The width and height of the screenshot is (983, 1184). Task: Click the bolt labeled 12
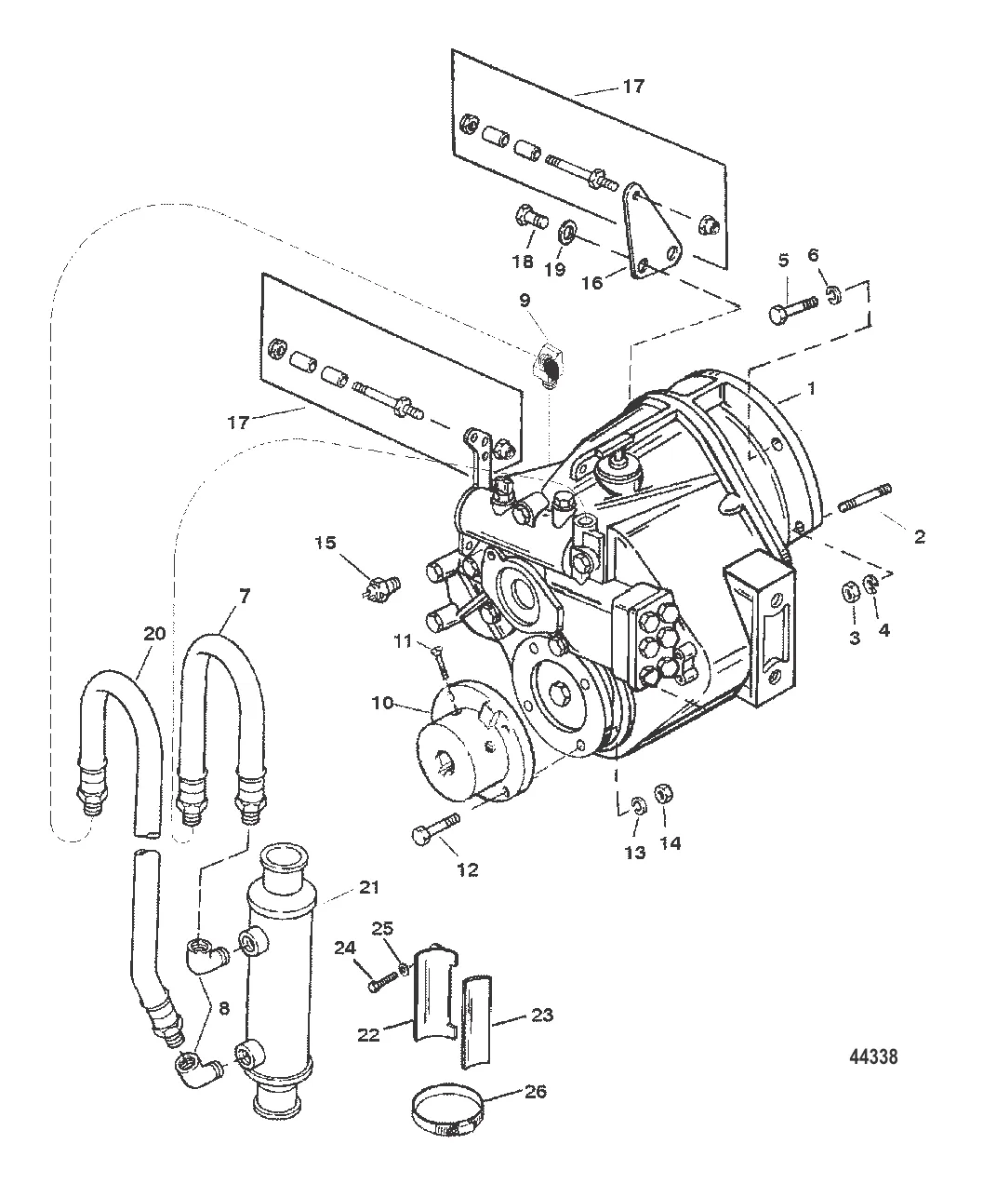click(x=435, y=827)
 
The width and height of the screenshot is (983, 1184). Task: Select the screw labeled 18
click(x=529, y=221)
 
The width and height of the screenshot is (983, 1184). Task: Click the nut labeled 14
click(x=666, y=793)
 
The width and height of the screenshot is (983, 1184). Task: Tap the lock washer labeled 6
click(x=834, y=295)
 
